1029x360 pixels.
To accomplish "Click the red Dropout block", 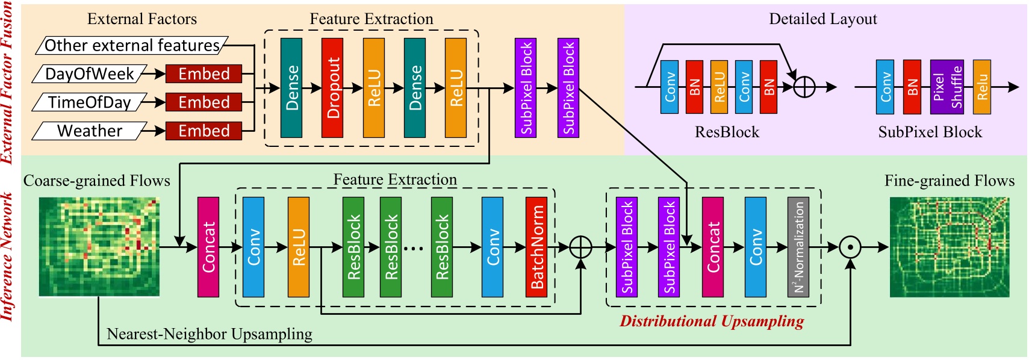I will pyautogui.click(x=332, y=88).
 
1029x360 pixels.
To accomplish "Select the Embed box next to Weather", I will pyautogui.click(x=204, y=131).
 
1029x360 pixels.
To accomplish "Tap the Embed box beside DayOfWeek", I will pyautogui.click(x=204, y=74).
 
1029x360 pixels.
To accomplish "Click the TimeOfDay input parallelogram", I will pyautogui.click(x=90, y=102).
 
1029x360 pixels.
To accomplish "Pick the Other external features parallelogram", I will pyautogui.click(x=132, y=46).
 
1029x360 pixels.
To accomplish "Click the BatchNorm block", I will pyautogui.click(x=536, y=247).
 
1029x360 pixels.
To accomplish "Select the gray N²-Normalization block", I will pyautogui.click(x=798, y=247).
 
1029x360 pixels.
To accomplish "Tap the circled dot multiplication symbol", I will pyautogui.click(x=850, y=247).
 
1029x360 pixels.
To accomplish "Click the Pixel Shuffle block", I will pyautogui.click(x=947, y=87).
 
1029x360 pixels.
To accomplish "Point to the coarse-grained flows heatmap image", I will pyautogui.click(x=99, y=247).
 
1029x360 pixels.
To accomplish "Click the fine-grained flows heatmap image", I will pyautogui.click(x=949, y=247).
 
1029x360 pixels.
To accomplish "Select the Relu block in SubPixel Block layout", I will pyautogui.click(x=981, y=87).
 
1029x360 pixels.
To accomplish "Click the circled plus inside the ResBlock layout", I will pyautogui.click(x=804, y=87).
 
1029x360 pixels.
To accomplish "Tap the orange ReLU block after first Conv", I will pyautogui.click(x=298, y=247).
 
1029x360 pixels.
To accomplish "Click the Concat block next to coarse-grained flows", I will pyautogui.click(x=208, y=247).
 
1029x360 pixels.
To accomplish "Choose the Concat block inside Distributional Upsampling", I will pyautogui.click(x=712, y=247).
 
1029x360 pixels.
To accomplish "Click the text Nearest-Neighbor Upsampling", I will pyautogui.click(x=209, y=334).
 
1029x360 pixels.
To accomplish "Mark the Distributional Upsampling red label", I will pyautogui.click(x=712, y=321).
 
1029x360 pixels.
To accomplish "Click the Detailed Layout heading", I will pyautogui.click(x=822, y=19).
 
